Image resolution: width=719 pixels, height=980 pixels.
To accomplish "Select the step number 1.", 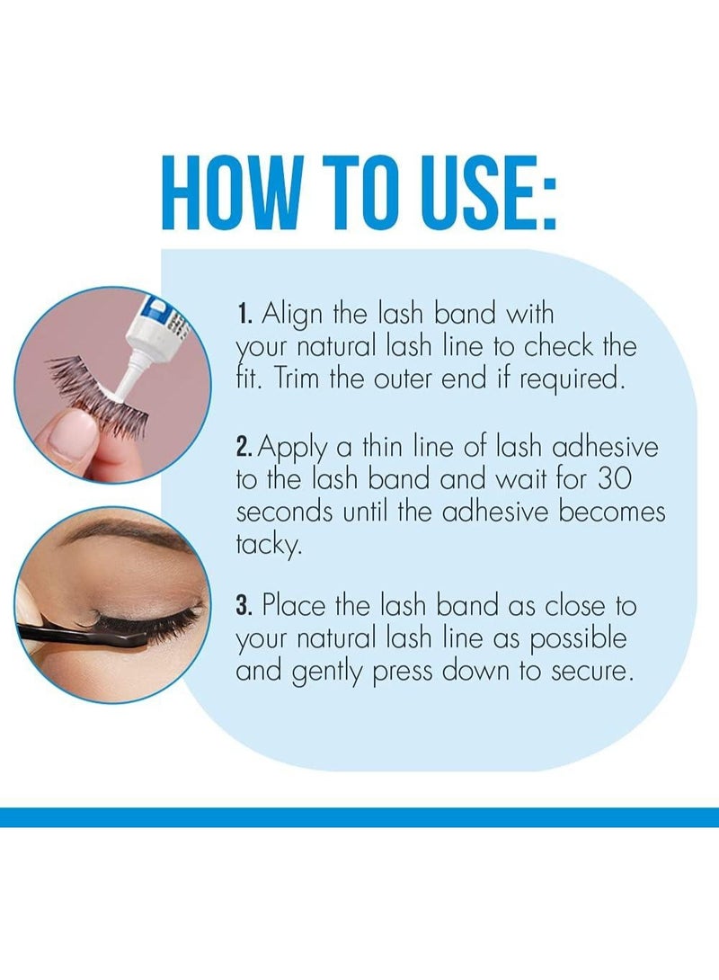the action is (x=244, y=314).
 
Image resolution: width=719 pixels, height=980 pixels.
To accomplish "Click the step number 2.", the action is (x=244, y=448).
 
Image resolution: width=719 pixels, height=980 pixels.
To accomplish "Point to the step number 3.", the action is (x=244, y=606).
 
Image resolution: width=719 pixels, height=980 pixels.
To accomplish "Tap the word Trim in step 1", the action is (x=298, y=379).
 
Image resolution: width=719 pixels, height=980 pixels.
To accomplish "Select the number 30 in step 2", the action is (x=615, y=479).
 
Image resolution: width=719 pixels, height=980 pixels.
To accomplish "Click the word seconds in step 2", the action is (x=284, y=512).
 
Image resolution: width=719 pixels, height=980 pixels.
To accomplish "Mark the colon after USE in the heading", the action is (x=548, y=201).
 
